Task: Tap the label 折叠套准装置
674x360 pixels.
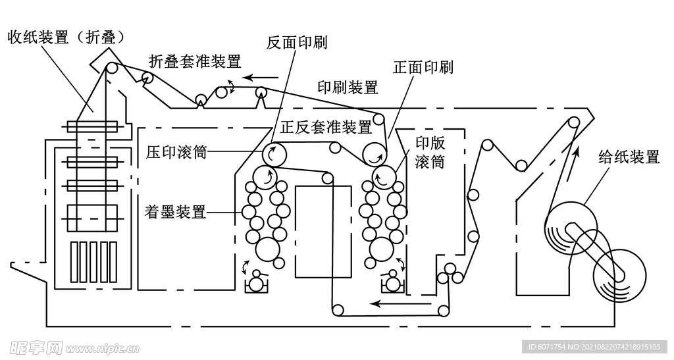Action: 195,62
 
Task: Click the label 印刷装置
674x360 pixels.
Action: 348,87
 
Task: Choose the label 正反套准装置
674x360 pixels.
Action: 326,126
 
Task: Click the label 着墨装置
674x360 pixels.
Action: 175,212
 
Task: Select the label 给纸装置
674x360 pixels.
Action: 629,157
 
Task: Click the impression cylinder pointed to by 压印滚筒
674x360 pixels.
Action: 274,155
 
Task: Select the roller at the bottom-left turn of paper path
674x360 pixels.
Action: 338,309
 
